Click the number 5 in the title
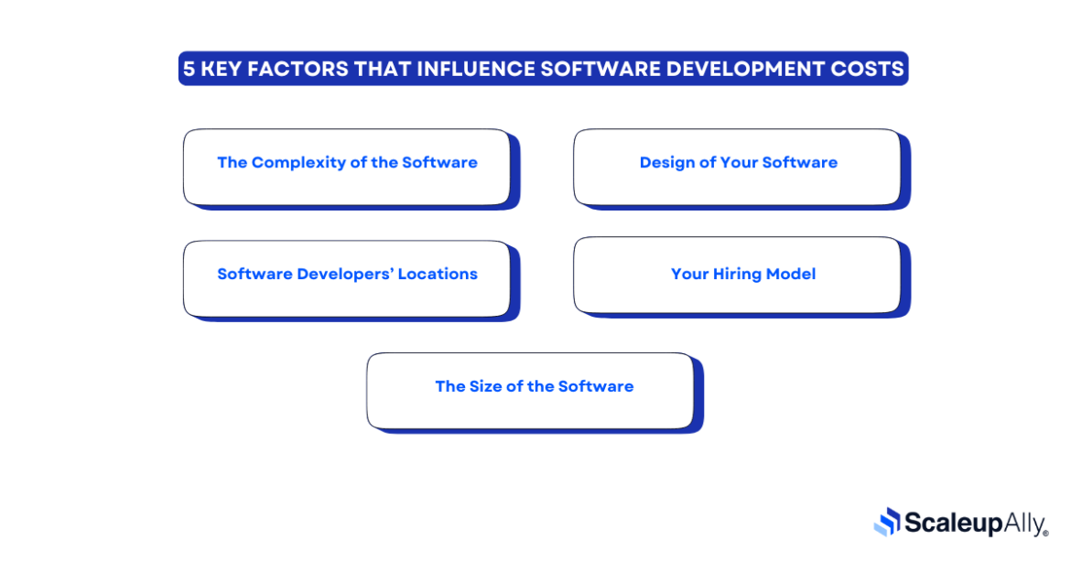(189, 69)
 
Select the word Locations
(438, 275)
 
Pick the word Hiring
(742, 275)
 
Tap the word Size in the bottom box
(485, 386)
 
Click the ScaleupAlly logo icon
(887, 522)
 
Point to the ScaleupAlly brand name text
(974, 524)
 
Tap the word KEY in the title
(226, 69)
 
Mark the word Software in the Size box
(596, 386)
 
